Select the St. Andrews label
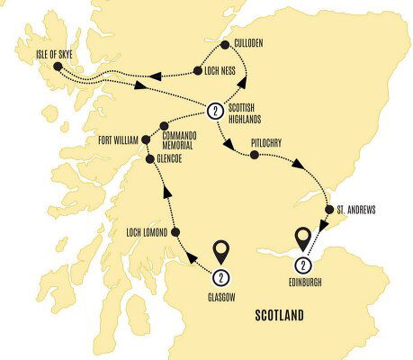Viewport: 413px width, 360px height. click(x=356, y=210)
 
